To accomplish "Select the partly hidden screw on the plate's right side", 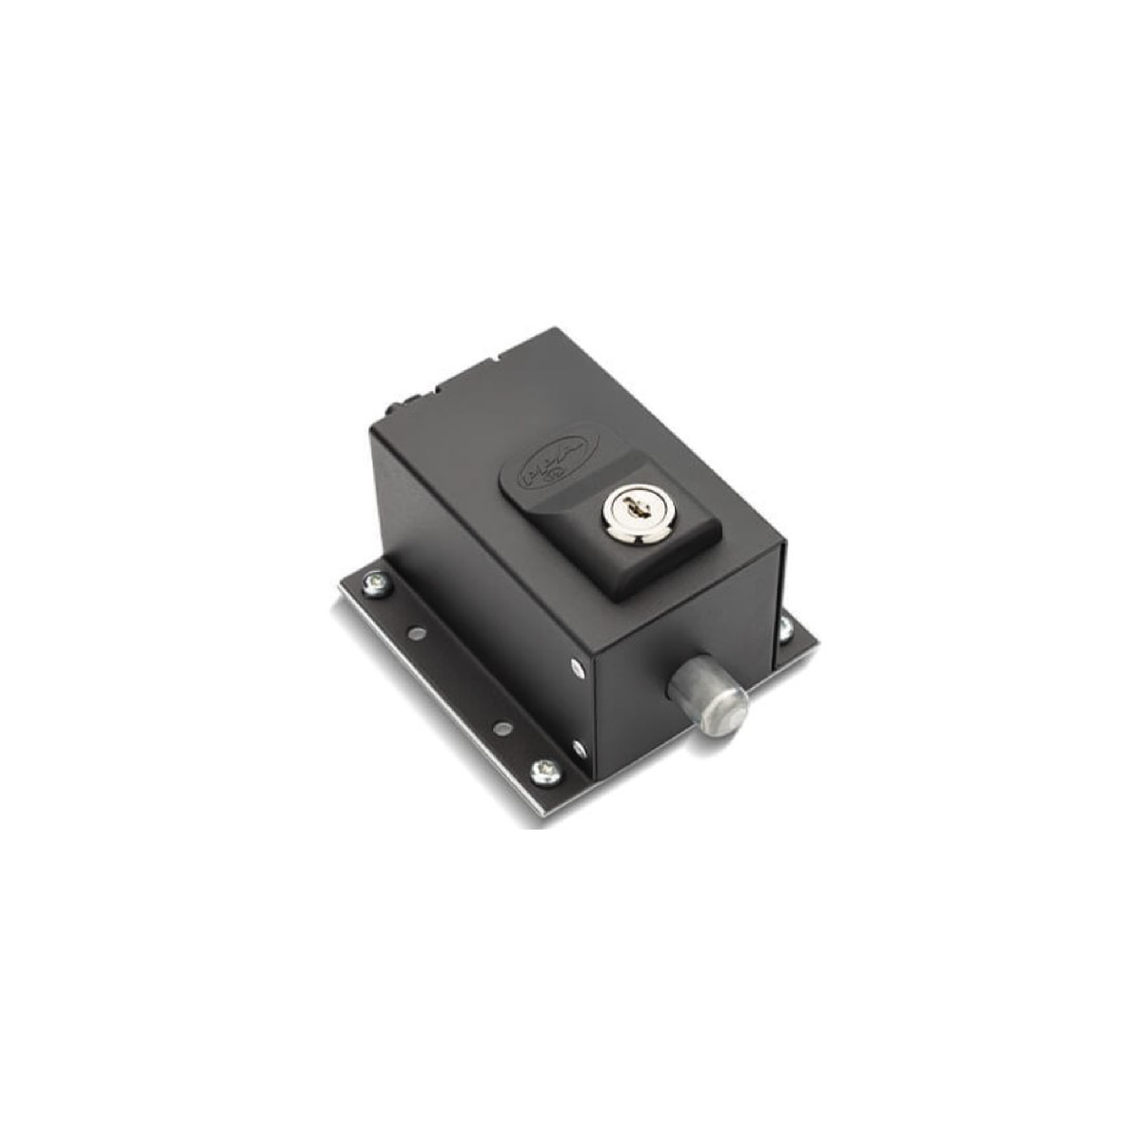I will (x=785, y=625).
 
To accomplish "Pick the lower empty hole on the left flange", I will (x=502, y=728).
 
